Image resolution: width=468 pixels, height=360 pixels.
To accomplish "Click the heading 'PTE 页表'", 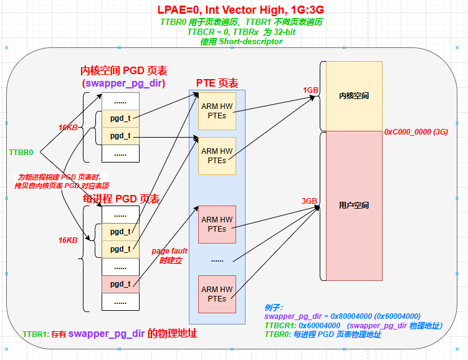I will pyautogui.click(x=217, y=83).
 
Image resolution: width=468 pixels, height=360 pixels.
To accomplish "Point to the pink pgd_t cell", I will pyautogui.click(x=120, y=284).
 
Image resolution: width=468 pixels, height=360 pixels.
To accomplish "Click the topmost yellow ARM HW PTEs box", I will pyautogui.click(x=217, y=111).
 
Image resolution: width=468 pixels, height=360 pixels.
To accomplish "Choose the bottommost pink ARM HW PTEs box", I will pyautogui.click(x=217, y=294).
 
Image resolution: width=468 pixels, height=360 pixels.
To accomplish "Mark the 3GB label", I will pyautogui.click(x=310, y=201).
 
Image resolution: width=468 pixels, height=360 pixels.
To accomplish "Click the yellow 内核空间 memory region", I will pyautogui.click(x=353, y=96).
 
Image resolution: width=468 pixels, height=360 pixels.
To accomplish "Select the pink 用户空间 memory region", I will pyautogui.click(x=353, y=205).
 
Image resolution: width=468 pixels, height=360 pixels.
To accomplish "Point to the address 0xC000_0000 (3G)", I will pyautogui.click(x=416, y=132).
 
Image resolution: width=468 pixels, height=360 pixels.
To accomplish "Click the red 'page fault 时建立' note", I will pyautogui.click(x=170, y=256).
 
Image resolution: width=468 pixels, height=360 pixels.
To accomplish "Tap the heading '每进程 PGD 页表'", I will pyautogui.click(x=122, y=199).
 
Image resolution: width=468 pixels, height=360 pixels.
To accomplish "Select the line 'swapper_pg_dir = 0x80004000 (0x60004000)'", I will pyautogui.click(x=342, y=316).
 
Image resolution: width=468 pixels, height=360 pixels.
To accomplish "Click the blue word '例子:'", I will pyautogui.click(x=274, y=308).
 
